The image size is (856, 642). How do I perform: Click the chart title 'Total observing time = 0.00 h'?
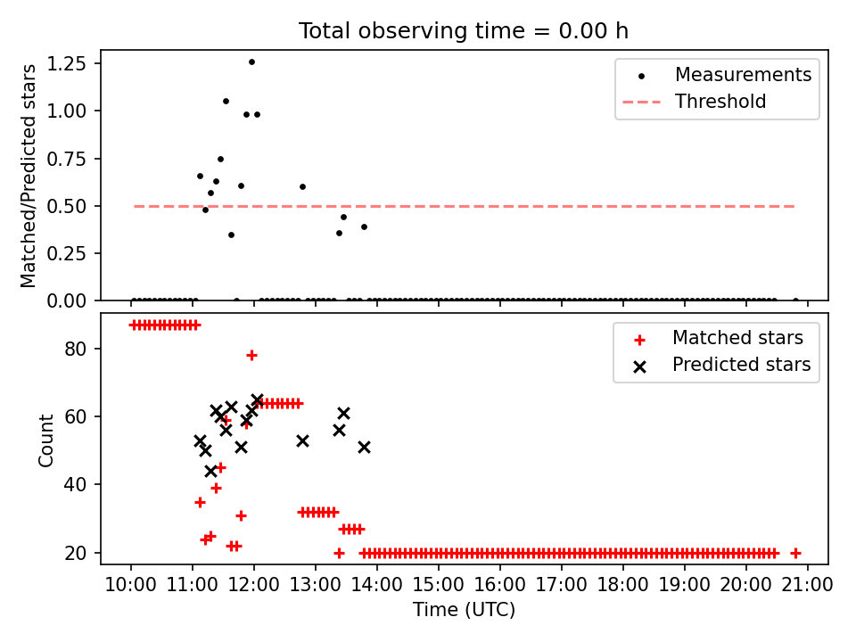coord(463,31)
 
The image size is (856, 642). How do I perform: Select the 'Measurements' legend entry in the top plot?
coord(743,75)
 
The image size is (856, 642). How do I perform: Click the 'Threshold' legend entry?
coord(720,102)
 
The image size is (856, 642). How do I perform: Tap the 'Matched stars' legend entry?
coord(737,338)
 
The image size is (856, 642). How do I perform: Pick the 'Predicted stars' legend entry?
coord(741,365)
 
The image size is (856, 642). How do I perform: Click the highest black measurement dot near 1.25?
coord(251,62)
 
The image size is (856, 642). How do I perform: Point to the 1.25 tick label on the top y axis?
coord(68,64)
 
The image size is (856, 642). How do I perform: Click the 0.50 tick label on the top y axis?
coord(68,206)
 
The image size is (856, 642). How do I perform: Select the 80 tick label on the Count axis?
coord(78,349)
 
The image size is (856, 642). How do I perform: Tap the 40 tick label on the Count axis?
coord(78,485)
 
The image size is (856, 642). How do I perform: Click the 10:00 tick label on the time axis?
coord(131,585)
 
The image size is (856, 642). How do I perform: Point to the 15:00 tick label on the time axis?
coord(439,585)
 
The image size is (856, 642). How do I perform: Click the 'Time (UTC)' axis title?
coord(464,611)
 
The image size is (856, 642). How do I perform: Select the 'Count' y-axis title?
coord(45,439)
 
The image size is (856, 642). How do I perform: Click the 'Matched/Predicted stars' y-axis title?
coord(29,176)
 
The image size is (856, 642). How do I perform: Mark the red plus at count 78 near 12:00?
coord(251,355)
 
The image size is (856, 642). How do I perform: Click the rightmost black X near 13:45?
coord(364,447)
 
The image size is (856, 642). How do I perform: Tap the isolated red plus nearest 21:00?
coord(795,553)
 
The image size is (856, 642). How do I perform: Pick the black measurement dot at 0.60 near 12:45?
coord(302,186)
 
